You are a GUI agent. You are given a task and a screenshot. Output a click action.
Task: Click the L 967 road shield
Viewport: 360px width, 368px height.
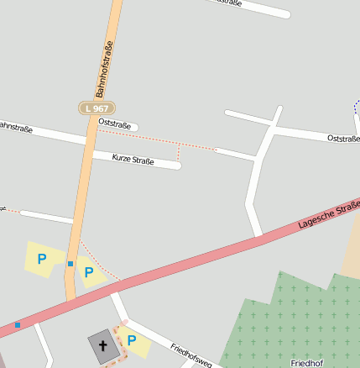tap(97, 108)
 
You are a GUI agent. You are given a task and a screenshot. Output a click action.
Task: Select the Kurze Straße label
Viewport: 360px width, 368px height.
tap(133, 158)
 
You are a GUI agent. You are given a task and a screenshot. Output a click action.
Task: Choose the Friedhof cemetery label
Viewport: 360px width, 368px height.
tap(306, 362)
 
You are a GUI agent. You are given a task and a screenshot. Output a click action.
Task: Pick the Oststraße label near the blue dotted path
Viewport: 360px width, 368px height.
tap(343, 138)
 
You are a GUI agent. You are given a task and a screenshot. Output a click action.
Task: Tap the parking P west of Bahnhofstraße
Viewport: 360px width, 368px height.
tap(42, 260)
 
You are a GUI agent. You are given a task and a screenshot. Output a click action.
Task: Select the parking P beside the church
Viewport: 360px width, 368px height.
tap(132, 340)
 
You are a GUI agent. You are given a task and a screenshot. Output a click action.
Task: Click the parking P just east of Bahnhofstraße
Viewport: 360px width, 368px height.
tap(88, 272)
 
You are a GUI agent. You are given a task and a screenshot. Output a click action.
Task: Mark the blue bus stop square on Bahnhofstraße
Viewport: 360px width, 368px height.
tap(70, 264)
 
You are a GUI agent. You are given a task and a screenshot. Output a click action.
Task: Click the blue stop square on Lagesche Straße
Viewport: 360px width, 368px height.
tap(17, 324)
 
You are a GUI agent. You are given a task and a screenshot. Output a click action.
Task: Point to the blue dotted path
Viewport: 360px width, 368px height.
tap(355, 108)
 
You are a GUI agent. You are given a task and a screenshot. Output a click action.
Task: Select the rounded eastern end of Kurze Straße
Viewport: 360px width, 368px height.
tap(177, 166)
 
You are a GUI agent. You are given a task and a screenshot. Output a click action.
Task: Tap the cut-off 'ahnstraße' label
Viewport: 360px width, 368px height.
tap(15, 127)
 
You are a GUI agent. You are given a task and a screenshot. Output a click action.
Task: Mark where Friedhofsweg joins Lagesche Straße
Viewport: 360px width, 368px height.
tap(113, 290)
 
